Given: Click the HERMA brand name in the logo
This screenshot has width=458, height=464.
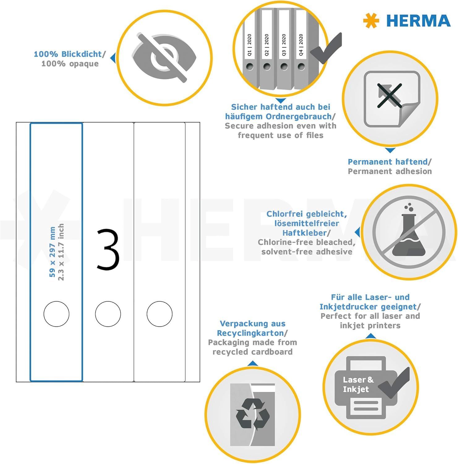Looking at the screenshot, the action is click(x=418, y=21).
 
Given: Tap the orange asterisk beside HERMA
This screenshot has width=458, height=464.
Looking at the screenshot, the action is click(x=371, y=21).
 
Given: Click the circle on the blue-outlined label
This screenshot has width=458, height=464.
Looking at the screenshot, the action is click(x=56, y=314).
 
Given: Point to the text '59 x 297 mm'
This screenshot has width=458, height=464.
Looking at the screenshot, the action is click(x=52, y=252).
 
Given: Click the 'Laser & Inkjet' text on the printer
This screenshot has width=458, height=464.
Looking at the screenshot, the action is click(x=358, y=385).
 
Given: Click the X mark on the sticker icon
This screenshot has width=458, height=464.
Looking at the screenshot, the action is click(x=389, y=96).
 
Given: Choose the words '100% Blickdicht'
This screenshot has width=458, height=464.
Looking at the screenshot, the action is click(x=68, y=54).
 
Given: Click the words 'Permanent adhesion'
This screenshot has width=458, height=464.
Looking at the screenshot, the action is click(x=390, y=171).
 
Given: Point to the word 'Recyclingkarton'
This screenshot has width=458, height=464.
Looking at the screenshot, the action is click(x=250, y=333).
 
